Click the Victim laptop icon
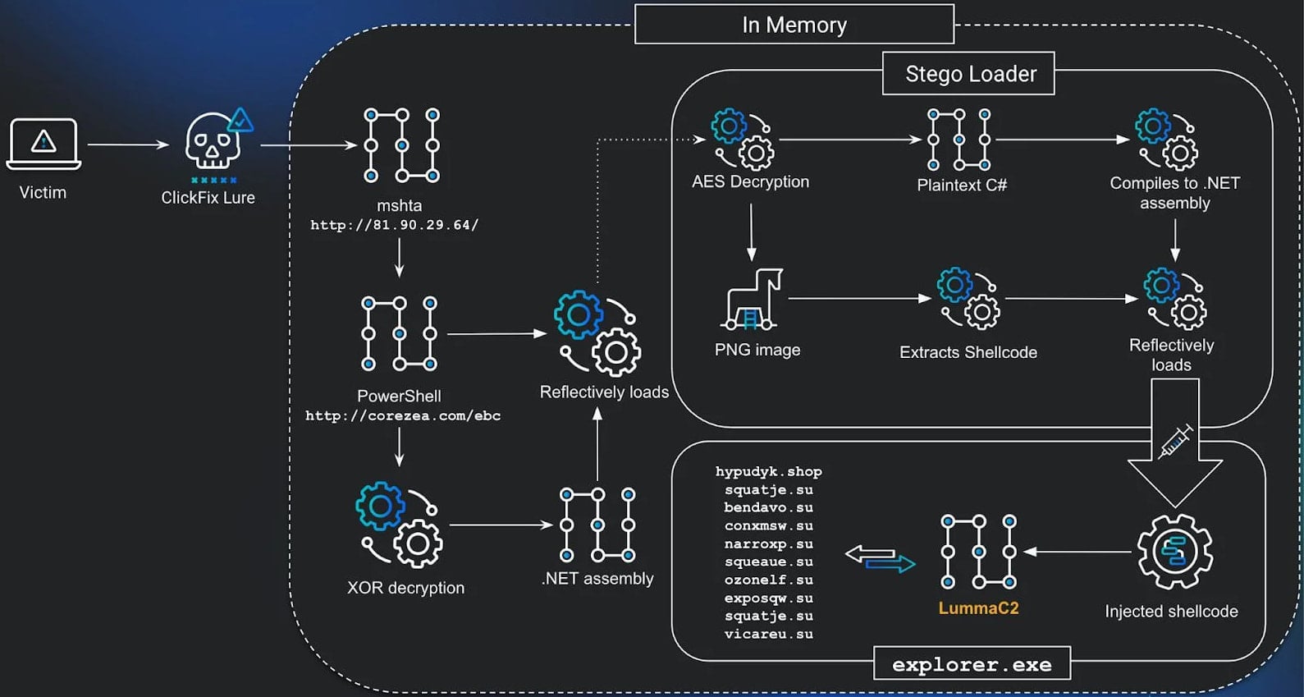43,143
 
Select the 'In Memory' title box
794,25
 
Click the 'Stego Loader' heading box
969,74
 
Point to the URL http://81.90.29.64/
394,225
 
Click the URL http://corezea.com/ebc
402,415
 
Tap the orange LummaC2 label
978,608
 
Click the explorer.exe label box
972,664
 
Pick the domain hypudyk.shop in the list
768,471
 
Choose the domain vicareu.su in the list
768,634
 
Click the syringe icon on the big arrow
1176,442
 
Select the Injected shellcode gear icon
1174,552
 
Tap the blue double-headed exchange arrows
880,559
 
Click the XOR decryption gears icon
400,525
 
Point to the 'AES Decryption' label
750,181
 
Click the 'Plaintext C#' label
961,186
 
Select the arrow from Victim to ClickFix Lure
127,144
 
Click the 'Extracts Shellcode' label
968,352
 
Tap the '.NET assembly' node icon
597,525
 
